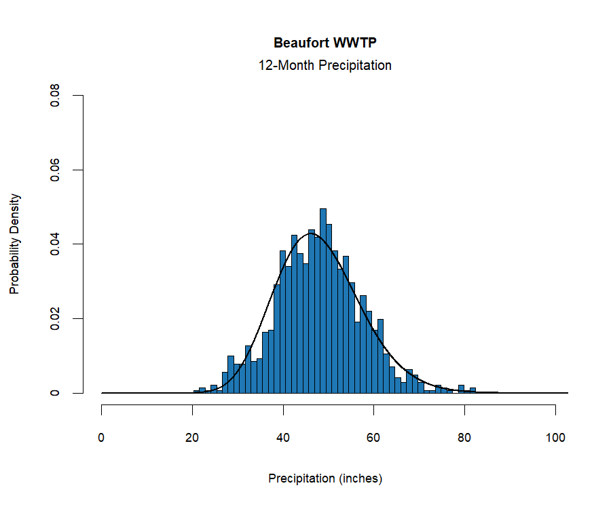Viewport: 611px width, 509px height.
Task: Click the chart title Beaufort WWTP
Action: click(x=325, y=43)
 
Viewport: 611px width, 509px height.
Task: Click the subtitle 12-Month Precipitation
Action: click(x=325, y=66)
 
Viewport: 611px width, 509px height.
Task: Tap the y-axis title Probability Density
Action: click(x=15, y=244)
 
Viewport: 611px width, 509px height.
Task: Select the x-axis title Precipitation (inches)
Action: click(x=325, y=478)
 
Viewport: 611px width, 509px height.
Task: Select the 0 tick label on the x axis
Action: click(x=102, y=438)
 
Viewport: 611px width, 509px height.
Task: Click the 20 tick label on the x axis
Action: click(x=193, y=438)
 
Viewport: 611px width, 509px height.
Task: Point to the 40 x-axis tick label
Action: click(x=283, y=438)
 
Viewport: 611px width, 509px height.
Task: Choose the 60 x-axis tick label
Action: click(x=374, y=438)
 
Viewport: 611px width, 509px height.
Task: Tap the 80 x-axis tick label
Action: click(x=465, y=438)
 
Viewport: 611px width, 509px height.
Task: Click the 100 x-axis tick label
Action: click(x=555, y=438)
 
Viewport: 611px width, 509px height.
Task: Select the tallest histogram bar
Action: click(x=323, y=305)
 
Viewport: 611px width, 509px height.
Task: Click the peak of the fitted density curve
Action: click(x=313, y=234)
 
